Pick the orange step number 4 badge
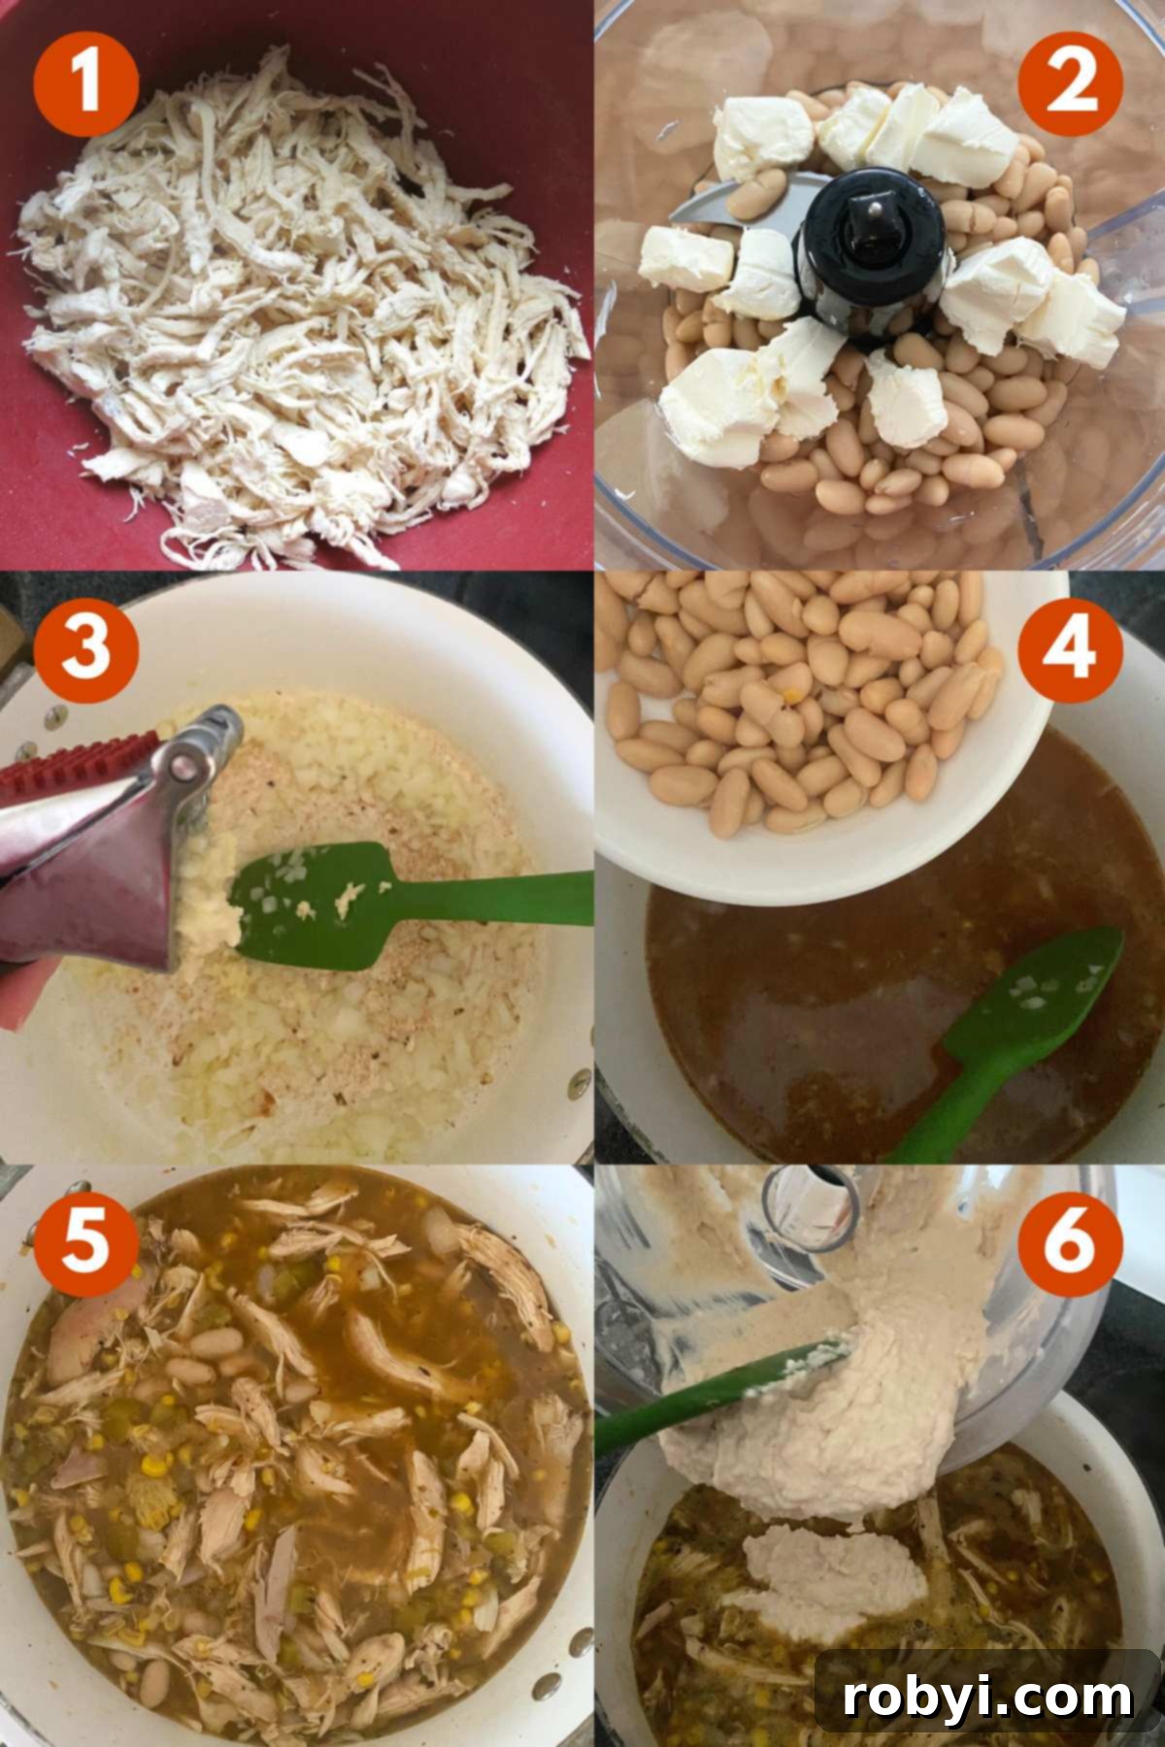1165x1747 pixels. coord(1072,648)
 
